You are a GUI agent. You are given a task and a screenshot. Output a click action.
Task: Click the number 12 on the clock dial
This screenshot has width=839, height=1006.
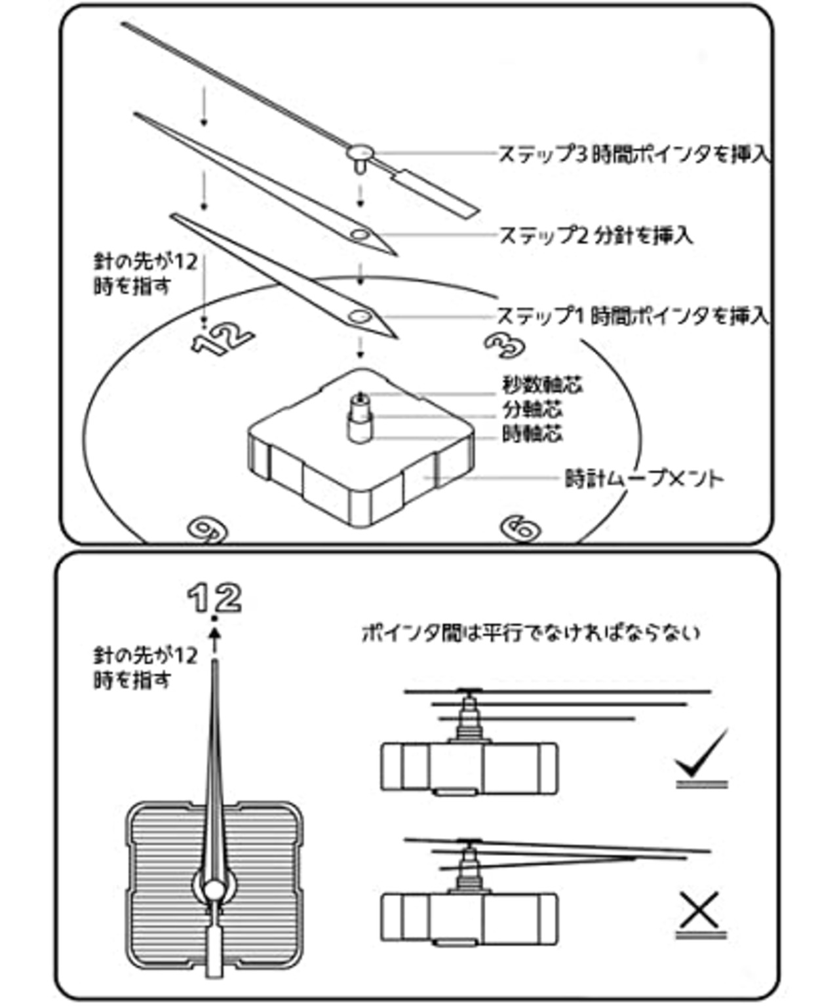(x=222, y=339)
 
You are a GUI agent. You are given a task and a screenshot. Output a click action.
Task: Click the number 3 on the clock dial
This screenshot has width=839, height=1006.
(x=505, y=345)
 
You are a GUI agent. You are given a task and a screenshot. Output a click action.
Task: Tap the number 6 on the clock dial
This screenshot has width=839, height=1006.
(x=520, y=528)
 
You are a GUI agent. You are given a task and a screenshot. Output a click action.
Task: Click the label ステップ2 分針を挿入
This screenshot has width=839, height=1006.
(x=595, y=235)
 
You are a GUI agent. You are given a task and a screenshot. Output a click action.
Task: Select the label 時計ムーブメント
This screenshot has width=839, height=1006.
(x=644, y=478)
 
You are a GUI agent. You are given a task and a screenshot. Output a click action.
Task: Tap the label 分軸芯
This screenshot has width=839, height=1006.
(x=532, y=410)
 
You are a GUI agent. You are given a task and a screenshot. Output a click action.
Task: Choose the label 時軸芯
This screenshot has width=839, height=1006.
(x=532, y=434)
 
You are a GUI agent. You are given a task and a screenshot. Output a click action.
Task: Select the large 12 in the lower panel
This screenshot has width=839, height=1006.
(x=214, y=598)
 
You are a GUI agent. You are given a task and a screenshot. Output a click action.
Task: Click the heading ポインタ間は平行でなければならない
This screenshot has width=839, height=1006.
(x=531, y=633)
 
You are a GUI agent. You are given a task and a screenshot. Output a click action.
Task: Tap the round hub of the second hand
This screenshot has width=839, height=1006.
(x=359, y=153)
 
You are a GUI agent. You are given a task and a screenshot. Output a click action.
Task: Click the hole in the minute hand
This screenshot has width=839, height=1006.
(x=359, y=235)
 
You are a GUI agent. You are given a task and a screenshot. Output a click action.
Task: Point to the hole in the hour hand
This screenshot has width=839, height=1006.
(x=359, y=317)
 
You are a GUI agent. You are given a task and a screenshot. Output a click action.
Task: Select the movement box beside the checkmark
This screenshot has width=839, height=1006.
(x=469, y=766)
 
